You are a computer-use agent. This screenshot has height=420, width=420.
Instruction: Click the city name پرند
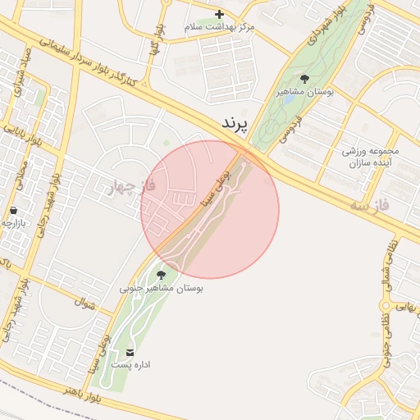pyautogui.click(x=234, y=124)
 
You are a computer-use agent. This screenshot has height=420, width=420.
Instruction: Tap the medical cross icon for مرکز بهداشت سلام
pyautogui.click(x=219, y=14)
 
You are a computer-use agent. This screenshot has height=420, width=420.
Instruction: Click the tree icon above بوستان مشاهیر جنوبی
pyautogui.click(x=160, y=274)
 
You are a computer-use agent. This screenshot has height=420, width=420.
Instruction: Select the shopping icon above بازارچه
pyautogui.click(x=14, y=211)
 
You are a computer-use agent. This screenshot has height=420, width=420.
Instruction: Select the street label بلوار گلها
pyautogui.click(x=153, y=48)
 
